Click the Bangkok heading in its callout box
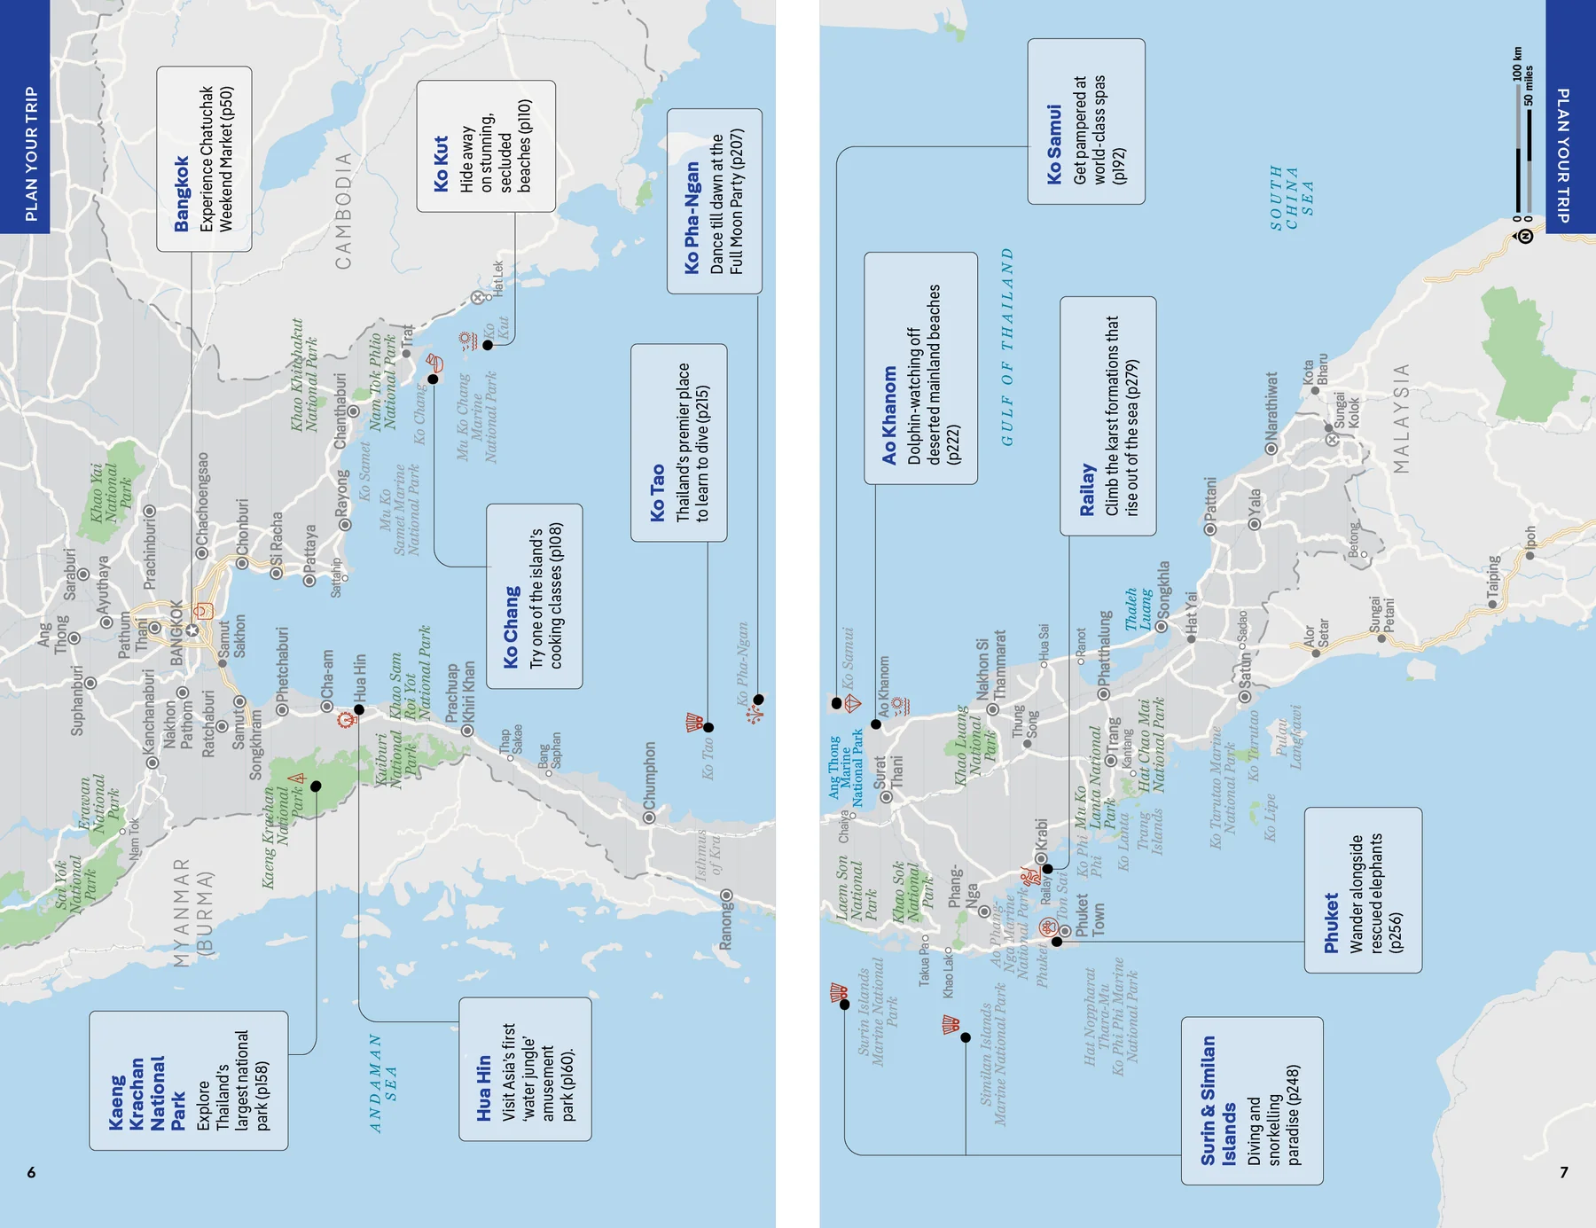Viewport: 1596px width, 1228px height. [182, 194]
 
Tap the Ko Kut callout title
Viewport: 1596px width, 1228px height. [442, 165]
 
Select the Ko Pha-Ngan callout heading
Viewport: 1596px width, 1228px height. [692, 217]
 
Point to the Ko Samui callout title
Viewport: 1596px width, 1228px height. [1054, 145]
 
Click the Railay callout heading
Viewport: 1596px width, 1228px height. [1087, 489]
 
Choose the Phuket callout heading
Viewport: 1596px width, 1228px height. [1331, 923]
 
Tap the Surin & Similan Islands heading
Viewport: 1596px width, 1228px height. [1217, 1100]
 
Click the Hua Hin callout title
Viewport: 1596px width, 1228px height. [484, 1088]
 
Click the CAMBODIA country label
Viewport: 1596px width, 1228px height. [343, 211]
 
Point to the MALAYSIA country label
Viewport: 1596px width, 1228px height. [1401, 418]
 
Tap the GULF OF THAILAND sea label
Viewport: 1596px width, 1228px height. [1007, 348]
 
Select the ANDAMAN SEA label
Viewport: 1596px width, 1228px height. [383, 1083]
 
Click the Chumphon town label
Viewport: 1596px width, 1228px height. [650, 776]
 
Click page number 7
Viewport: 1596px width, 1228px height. [1564, 1172]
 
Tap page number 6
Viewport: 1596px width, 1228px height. [31, 1172]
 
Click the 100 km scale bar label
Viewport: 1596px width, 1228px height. [1517, 65]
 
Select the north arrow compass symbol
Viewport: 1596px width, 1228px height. [1525, 235]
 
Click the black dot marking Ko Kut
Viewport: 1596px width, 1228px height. [488, 345]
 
